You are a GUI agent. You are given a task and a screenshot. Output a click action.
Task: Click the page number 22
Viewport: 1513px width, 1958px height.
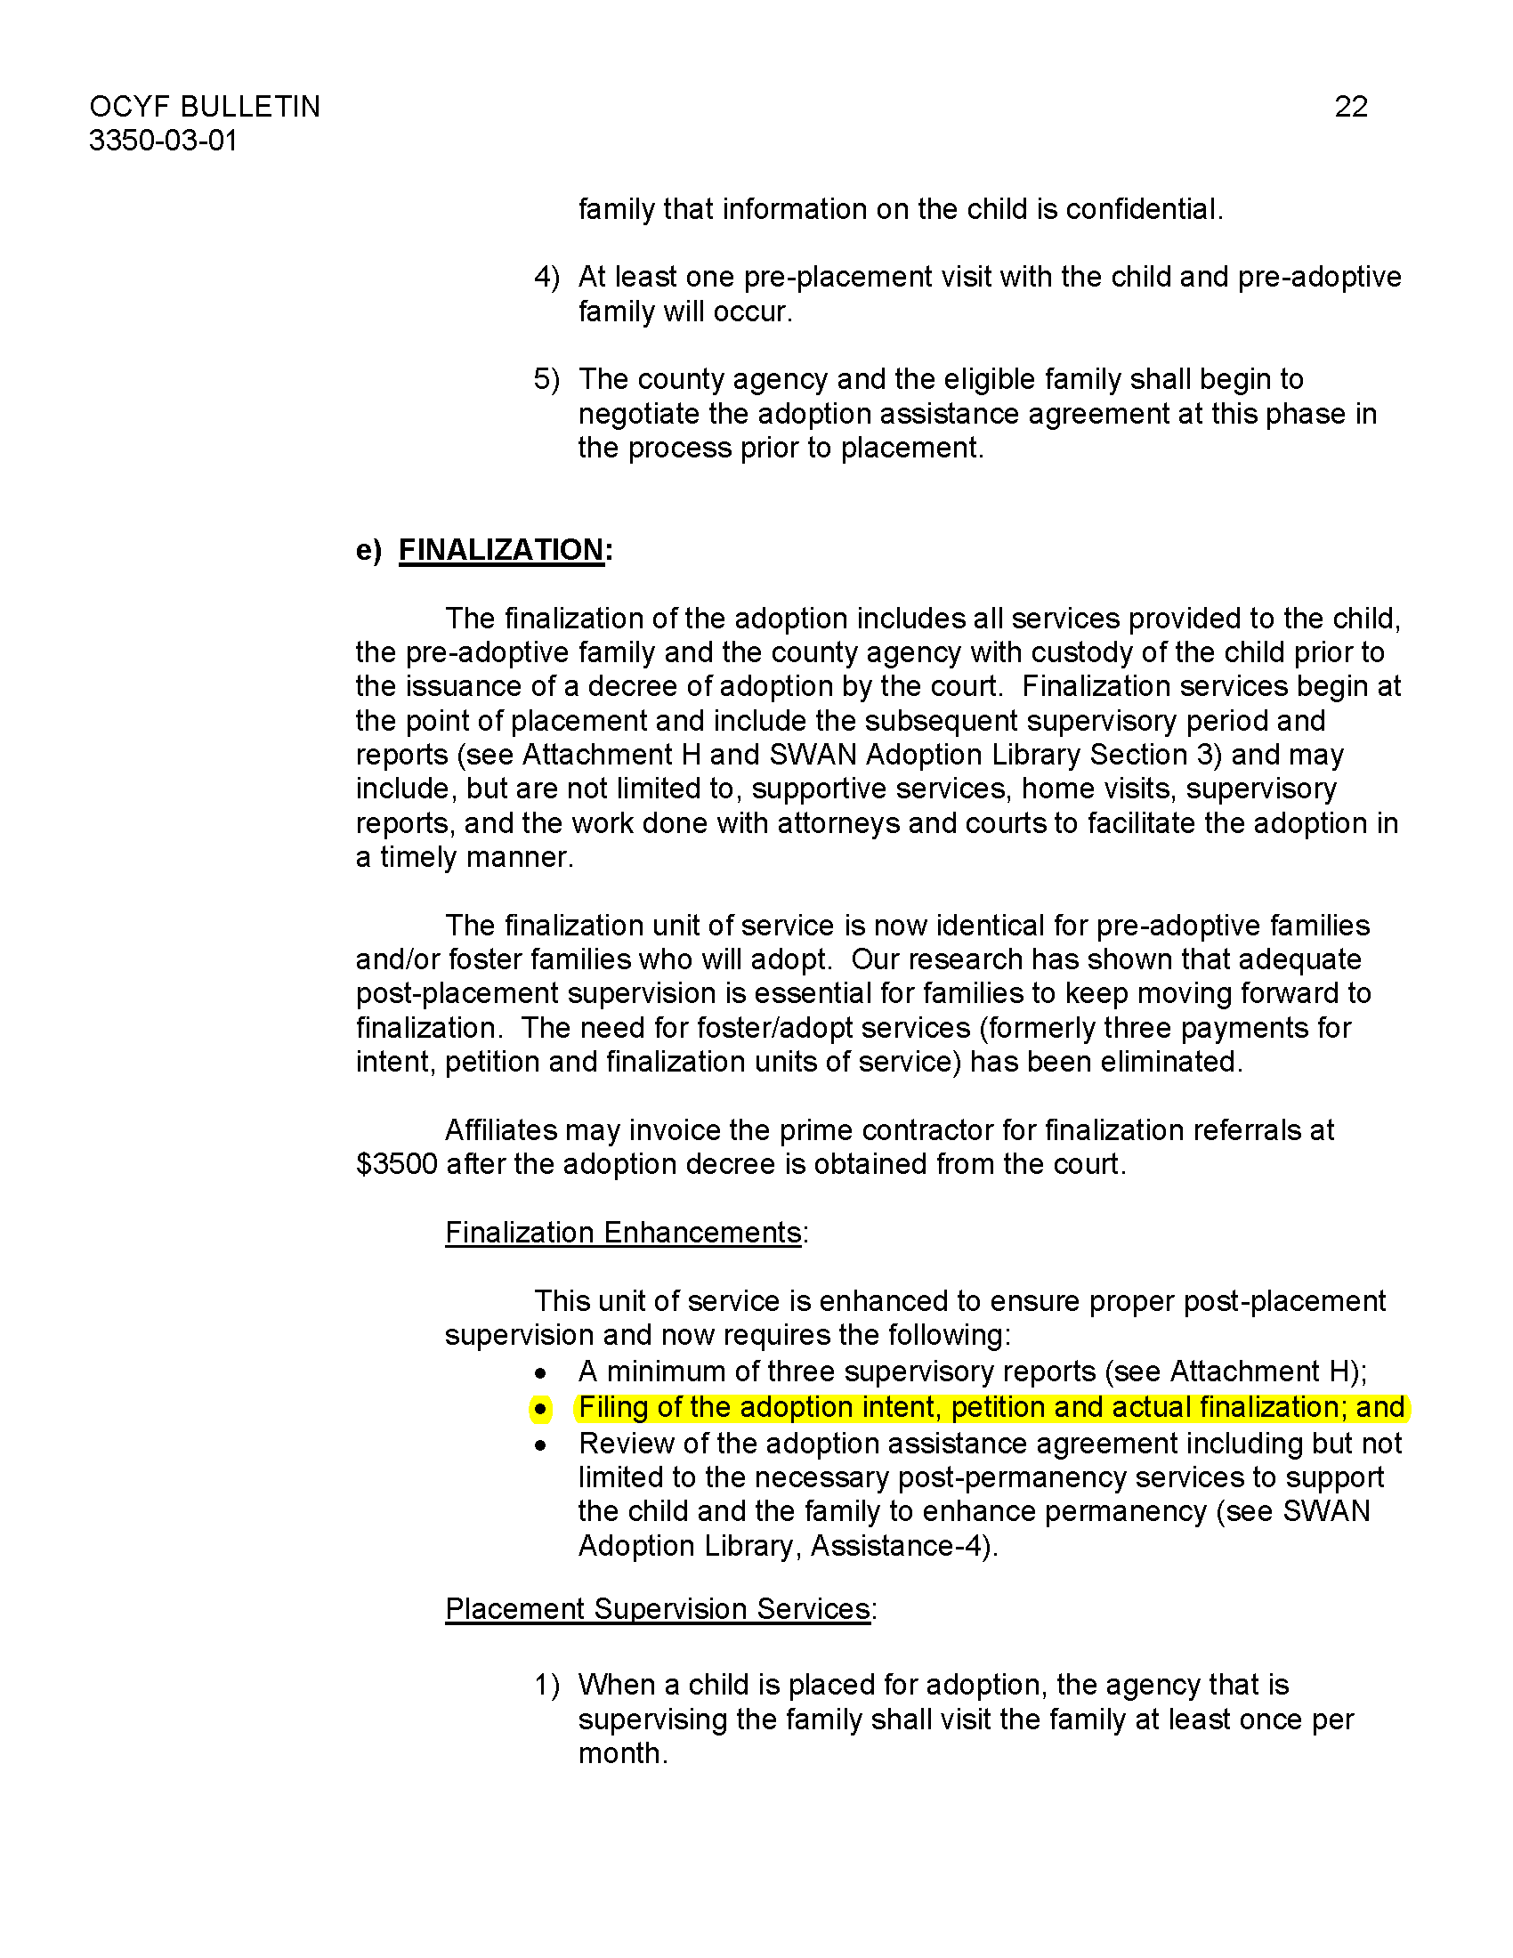click(x=1350, y=107)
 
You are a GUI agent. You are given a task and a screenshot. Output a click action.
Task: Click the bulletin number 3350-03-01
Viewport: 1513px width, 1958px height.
click(x=163, y=141)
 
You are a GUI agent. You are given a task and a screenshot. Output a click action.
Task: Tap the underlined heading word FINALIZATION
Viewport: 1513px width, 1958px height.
click(x=501, y=549)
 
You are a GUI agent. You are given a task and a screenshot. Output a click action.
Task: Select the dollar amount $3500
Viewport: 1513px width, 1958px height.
click(x=396, y=1164)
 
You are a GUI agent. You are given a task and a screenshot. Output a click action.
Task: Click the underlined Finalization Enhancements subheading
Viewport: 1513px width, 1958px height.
click(x=623, y=1233)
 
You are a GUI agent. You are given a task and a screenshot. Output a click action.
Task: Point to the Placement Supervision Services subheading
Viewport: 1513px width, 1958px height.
click(x=658, y=1608)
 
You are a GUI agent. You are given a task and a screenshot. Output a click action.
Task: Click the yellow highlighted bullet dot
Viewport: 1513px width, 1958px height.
click(x=540, y=1410)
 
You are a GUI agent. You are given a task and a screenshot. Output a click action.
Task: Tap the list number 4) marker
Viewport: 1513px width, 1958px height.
click(x=546, y=277)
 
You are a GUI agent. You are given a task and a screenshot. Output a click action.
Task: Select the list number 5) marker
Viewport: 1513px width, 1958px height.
click(x=546, y=379)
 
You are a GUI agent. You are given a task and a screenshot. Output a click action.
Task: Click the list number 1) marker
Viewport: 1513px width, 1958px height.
click(x=546, y=1686)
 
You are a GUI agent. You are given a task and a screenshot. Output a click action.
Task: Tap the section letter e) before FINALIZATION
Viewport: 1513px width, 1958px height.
click(x=368, y=549)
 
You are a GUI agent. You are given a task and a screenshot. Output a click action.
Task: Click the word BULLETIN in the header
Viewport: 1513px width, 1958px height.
click(x=249, y=107)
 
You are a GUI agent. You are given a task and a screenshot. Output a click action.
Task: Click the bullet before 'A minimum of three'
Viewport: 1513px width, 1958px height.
click(x=540, y=1373)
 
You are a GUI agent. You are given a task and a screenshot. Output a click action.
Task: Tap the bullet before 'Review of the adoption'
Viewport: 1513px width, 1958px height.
click(x=540, y=1445)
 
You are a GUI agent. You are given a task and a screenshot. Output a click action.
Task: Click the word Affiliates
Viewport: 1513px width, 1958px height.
click(x=501, y=1129)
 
